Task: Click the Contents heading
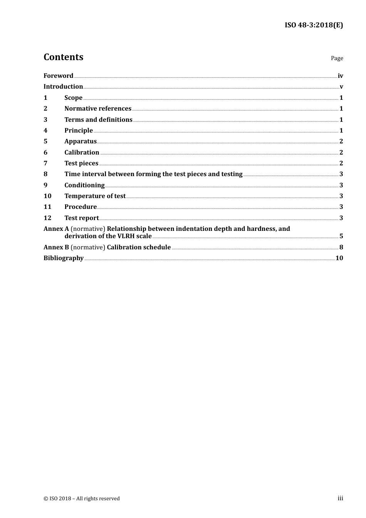point(63,57)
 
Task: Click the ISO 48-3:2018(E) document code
point(314,25)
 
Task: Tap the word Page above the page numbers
point(337,58)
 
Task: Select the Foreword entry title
point(58,76)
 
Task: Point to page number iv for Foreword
point(340,76)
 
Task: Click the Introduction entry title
point(63,86)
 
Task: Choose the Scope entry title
point(73,98)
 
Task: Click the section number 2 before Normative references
point(45,108)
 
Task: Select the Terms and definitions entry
point(98,119)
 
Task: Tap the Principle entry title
point(79,130)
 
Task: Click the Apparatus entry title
point(81,141)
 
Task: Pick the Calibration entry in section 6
point(82,152)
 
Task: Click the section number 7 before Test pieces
point(45,163)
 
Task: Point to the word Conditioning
point(84,185)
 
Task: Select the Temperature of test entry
point(95,196)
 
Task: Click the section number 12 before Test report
point(47,218)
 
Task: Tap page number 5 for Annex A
point(341,236)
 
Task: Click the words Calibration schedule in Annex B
point(139,247)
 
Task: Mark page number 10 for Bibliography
point(339,258)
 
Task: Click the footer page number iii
point(340,498)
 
